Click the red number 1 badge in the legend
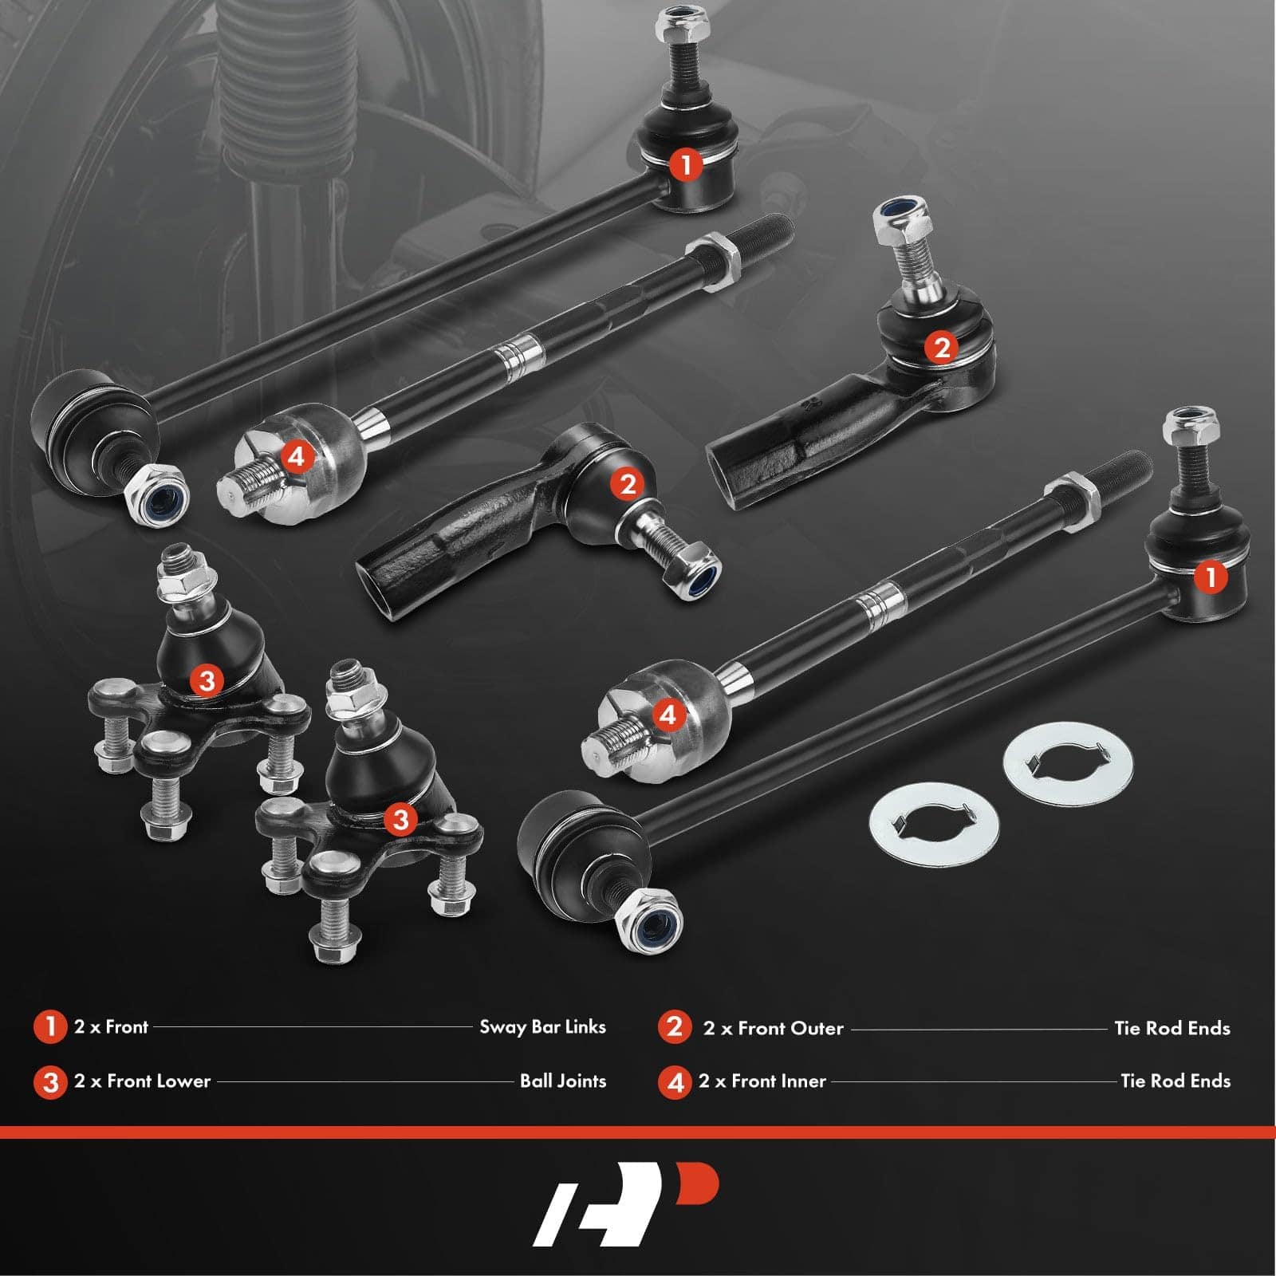[50, 1026]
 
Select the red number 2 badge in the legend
[675, 1026]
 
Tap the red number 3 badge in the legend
[50, 1082]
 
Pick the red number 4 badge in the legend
[675, 1082]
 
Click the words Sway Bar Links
[542, 1027]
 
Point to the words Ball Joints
[563, 1081]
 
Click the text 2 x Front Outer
[773, 1029]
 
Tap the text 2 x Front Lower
[142, 1081]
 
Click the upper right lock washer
[1069, 765]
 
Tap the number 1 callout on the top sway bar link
[685, 165]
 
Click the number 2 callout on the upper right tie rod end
[942, 347]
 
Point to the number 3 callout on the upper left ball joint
[207, 680]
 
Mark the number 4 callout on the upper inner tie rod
[296, 457]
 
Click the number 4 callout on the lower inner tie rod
[668, 714]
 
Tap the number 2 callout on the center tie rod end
[627, 483]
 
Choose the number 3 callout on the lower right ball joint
[400, 819]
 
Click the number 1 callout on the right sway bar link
[1211, 577]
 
